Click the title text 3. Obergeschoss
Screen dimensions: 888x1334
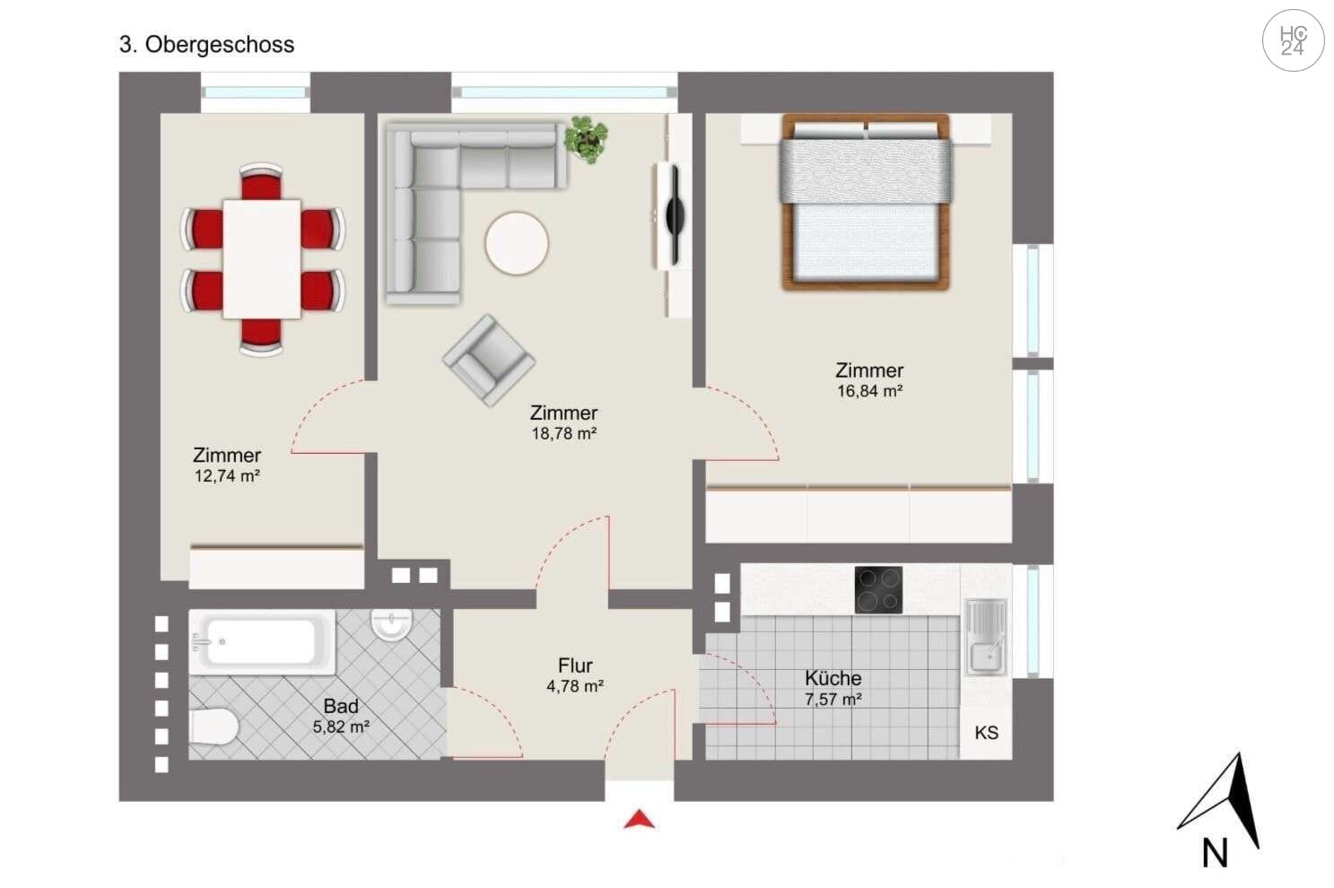pos(206,45)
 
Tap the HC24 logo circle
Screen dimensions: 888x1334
pos(1293,41)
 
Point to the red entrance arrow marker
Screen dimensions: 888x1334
pos(639,818)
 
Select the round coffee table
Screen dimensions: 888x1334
pos(517,243)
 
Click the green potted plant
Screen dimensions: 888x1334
pos(586,139)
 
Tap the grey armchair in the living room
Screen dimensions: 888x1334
pos(488,360)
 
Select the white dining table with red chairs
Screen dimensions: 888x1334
pos(262,258)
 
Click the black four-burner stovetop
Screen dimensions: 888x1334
pos(878,589)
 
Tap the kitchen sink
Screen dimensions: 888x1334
pos(985,637)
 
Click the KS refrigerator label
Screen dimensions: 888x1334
pos(986,733)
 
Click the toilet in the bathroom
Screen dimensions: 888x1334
pos(214,727)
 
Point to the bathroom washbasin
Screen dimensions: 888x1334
pos(391,624)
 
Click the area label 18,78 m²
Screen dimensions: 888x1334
pos(564,434)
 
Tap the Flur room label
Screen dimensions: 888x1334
pos(575,666)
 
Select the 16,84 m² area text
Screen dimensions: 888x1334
pos(869,391)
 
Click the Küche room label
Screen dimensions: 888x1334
pos(833,678)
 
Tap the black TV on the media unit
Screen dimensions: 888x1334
pos(675,213)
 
